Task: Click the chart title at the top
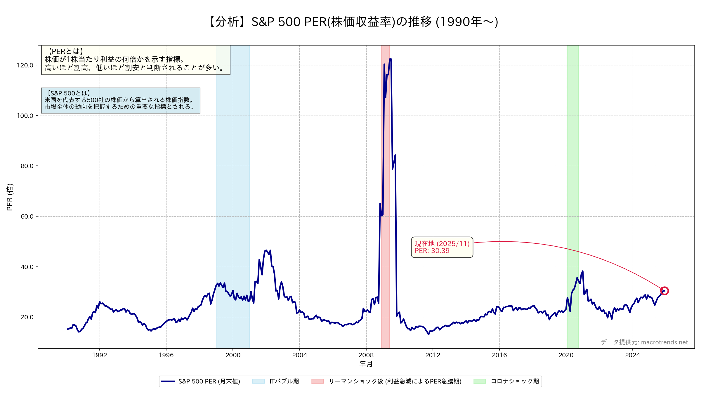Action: point(353,22)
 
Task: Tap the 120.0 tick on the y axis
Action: point(25,65)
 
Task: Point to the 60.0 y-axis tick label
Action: point(27,217)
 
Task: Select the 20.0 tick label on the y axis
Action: point(27,317)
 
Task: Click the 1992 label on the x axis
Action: point(100,355)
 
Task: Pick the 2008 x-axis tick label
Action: point(366,355)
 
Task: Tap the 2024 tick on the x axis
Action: point(632,355)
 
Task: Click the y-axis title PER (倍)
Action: point(10,197)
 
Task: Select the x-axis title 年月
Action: point(366,364)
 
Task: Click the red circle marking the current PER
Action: point(664,291)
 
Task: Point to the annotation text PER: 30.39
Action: point(432,251)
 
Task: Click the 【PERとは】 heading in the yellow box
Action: point(66,51)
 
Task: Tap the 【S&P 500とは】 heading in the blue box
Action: point(69,93)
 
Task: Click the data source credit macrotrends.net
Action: point(644,342)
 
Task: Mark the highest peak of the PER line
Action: point(390,59)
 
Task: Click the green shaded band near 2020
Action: point(573,175)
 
